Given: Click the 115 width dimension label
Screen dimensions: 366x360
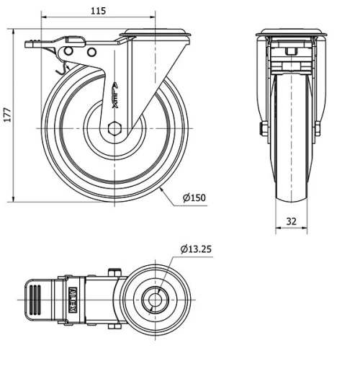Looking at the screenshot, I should [99, 11].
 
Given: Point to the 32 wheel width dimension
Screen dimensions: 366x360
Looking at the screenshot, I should [292, 222].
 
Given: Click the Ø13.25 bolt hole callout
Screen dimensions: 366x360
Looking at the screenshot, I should [195, 250].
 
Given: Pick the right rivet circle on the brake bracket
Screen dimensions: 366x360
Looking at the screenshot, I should [91, 52].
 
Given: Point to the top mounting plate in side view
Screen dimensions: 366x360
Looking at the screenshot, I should [156, 33].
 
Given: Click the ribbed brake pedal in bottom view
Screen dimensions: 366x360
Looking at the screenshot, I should [32, 299].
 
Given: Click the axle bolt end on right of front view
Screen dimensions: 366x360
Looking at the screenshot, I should [318, 130].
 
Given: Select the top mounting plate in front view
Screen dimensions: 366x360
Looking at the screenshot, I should [292, 33].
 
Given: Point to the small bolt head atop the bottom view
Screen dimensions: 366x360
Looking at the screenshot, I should [112, 272].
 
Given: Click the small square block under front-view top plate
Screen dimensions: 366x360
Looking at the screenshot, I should [292, 52].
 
